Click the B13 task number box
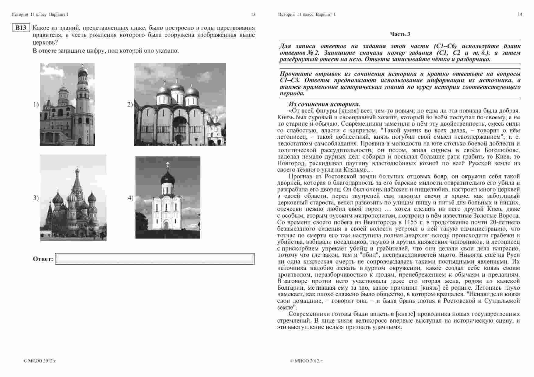point(21,28)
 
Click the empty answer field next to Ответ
point(155,259)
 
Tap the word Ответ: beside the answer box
point(43,259)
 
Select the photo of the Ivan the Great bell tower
point(67,104)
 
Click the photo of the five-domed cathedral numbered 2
point(180,104)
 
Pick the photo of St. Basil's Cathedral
point(73,198)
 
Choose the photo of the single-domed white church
point(168,197)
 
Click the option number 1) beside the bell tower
point(36,104)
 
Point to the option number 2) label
point(130,104)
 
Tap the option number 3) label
point(36,198)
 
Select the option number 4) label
point(131,198)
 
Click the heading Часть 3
point(400,34)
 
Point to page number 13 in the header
point(253,14)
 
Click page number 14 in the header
point(520,14)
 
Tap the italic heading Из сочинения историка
point(324,104)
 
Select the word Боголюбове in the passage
point(501,150)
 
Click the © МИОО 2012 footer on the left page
point(40,361)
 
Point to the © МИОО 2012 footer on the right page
point(306,361)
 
